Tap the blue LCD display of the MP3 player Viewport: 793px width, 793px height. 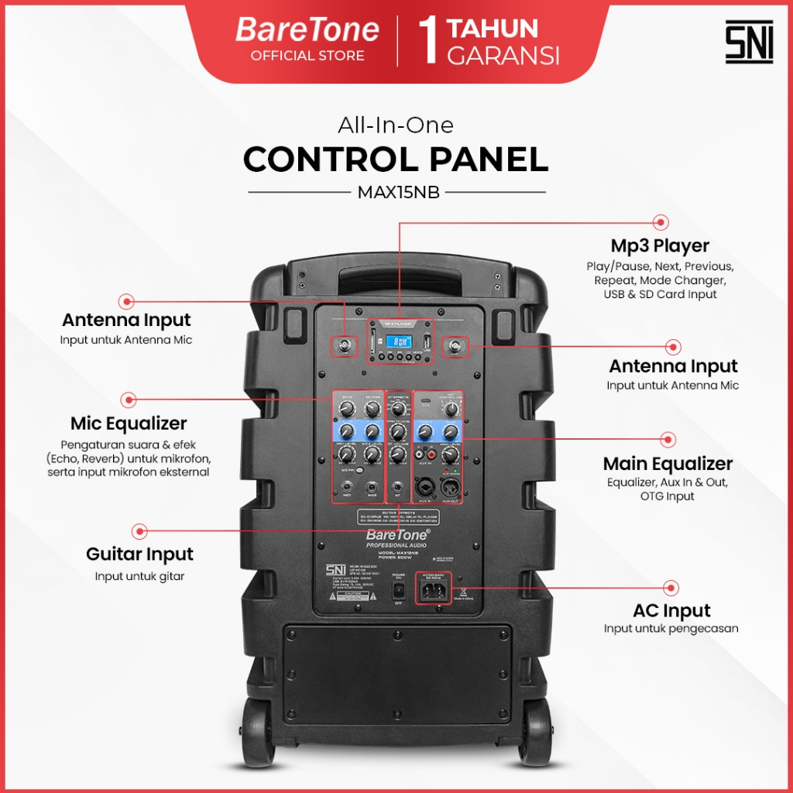399,341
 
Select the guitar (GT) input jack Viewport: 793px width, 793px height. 398,487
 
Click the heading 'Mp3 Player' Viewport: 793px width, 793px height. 659,245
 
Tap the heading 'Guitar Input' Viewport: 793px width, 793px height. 139,554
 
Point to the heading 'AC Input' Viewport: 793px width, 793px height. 671,610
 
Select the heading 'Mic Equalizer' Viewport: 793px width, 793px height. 129,424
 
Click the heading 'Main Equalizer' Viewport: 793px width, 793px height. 667,463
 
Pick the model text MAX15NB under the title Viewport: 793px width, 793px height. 398,193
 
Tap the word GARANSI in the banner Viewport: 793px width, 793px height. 503,56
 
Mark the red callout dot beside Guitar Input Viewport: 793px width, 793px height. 139,531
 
